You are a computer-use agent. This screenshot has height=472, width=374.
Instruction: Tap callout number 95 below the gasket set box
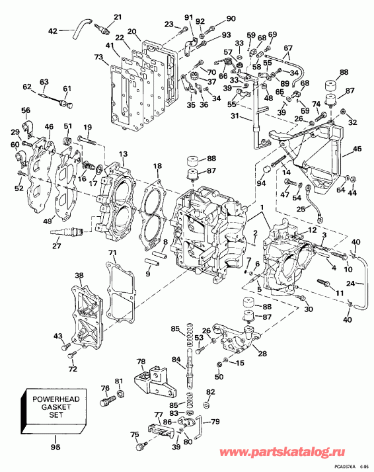point(56,448)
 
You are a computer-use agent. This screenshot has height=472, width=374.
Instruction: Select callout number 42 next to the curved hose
point(54,30)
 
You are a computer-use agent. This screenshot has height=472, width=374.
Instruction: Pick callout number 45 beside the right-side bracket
point(357,149)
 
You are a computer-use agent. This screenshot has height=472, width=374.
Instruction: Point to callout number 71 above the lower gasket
point(113,254)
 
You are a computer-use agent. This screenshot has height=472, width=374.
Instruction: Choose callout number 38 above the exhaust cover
point(79,276)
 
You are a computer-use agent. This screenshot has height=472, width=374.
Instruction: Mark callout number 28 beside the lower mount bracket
point(262,354)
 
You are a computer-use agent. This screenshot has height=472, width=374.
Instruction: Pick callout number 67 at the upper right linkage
point(287,48)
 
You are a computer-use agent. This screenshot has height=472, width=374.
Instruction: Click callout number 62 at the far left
point(27,87)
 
